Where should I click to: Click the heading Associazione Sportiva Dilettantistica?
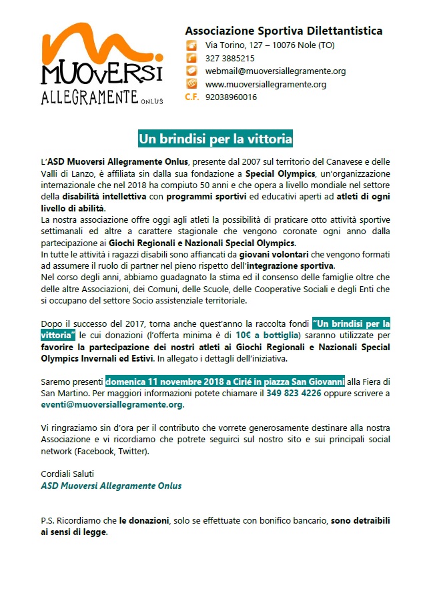click(x=284, y=31)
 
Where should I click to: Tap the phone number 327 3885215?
click(x=230, y=58)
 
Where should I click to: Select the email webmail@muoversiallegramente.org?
click(x=275, y=71)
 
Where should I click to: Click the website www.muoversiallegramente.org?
click(x=266, y=84)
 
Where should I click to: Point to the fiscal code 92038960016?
click(x=231, y=97)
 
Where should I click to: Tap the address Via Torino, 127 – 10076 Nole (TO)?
click(x=270, y=45)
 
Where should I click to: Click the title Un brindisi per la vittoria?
click(x=215, y=139)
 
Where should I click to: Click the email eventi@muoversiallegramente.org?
click(x=112, y=404)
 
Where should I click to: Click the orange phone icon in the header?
click(x=191, y=58)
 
